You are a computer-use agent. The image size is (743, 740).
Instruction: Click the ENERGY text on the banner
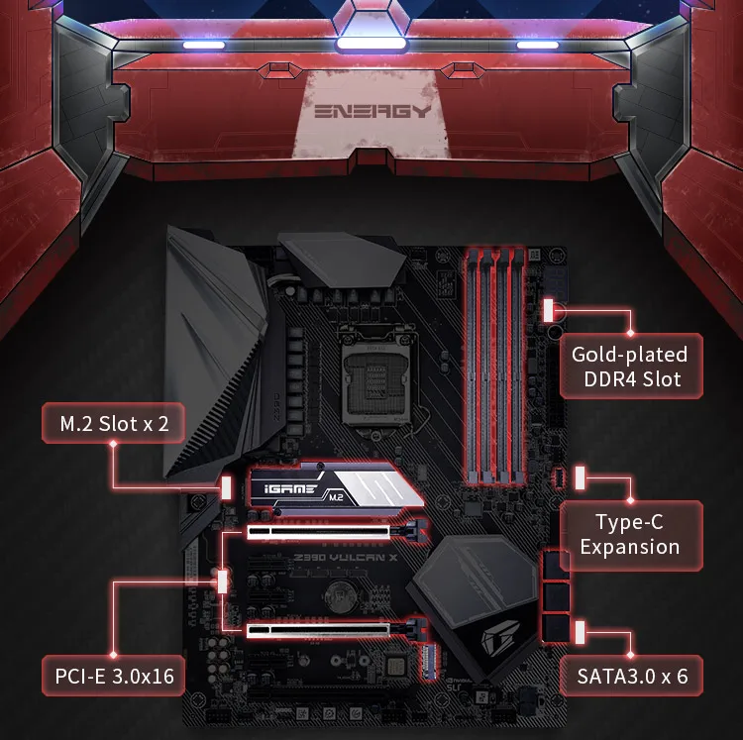tap(372, 111)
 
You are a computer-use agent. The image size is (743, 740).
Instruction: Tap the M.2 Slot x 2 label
tap(114, 424)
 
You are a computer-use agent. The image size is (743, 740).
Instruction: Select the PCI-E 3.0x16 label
tap(114, 676)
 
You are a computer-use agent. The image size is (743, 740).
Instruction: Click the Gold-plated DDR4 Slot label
tap(630, 367)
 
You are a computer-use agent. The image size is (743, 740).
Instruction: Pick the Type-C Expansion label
tap(630, 534)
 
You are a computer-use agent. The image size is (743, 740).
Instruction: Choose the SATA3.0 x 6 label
tap(631, 676)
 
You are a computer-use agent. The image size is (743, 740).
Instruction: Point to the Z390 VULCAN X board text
tap(346, 558)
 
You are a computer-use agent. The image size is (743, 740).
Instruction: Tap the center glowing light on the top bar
tap(371, 44)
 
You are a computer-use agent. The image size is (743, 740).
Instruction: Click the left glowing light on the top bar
tap(204, 45)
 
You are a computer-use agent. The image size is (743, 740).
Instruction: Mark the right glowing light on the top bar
tap(537, 45)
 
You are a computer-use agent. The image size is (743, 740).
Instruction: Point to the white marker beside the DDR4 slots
tap(549, 311)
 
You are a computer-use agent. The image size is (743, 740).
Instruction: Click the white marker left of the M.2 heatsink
tap(227, 487)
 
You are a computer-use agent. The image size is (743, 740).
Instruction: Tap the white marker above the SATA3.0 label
tap(580, 632)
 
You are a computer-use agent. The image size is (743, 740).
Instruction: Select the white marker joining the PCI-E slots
tap(222, 581)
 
